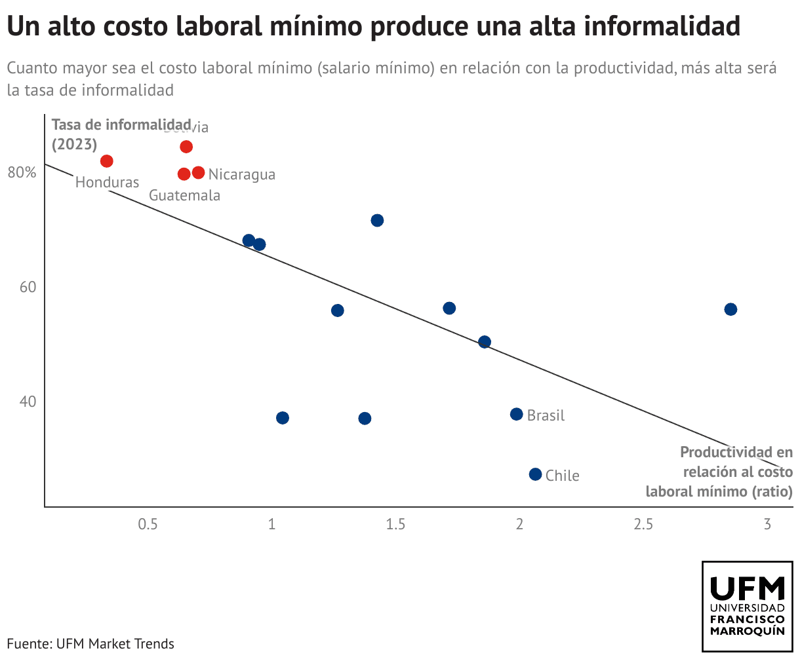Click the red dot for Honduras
point(107,161)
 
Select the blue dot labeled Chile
point(535,474)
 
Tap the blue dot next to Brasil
point(516,414)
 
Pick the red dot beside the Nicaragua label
point(198,173)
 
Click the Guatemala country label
point(184,195)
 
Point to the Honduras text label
point(107,182)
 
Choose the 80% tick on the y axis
point(22,173)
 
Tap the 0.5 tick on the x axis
point(148,524)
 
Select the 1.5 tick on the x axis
point(395,524)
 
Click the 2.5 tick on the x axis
point(643,524)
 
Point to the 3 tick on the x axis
point(767,524)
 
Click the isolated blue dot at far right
point(730,309)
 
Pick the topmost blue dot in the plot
point(377,220)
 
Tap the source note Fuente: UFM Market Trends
point(90,643)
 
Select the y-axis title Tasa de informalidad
point(121,124)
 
